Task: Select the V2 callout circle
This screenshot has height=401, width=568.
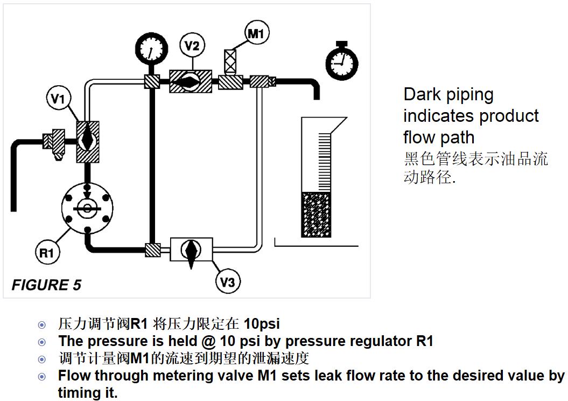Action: (192, 46)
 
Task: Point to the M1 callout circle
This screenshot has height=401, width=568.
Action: (257, 34)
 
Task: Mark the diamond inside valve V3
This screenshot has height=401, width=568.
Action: (190, 250)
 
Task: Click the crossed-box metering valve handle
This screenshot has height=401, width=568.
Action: (230, 60)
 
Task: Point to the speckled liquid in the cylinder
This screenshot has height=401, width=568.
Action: (316, 214)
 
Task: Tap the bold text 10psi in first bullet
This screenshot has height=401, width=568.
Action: (262, 324)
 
